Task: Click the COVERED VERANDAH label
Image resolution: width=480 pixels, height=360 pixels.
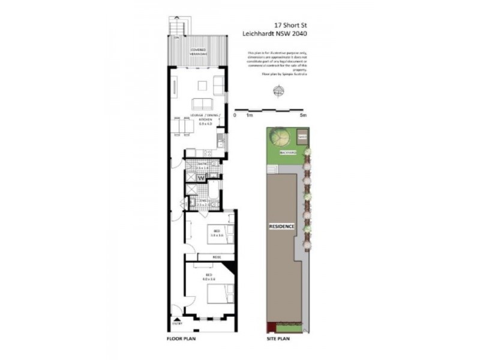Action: click(199, 50)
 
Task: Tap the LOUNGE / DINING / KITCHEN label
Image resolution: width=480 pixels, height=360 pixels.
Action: click(205, 119)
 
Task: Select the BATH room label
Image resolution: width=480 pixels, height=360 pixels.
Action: click(202, 166)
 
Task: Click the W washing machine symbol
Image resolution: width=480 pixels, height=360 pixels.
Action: click(202, 178)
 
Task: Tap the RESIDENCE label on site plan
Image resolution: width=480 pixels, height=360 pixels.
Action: click(281, 226)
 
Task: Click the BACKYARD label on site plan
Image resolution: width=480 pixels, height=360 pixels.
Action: click(288, 153)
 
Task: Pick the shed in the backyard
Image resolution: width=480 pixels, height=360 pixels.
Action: click(303, 137)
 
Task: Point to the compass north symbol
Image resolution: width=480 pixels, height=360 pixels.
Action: click(278, 92)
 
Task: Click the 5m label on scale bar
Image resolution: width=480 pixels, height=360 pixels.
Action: click(304, 115)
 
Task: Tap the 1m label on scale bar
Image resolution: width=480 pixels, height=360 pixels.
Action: click(250, 115)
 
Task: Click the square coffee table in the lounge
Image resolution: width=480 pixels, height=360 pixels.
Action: click(202, 85)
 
